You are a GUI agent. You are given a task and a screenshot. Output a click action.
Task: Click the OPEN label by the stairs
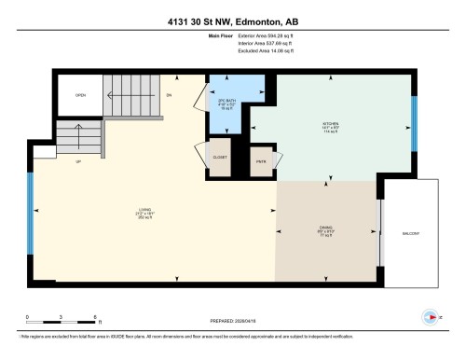point(81,95)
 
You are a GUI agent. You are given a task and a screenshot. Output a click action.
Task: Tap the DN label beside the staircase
point(169,95)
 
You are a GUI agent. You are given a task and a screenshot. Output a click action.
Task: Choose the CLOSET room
point(220,158)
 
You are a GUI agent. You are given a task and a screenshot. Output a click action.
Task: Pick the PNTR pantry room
point(261,160)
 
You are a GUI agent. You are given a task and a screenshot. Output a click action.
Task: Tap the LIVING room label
point(144,210)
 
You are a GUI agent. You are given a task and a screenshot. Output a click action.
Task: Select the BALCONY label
point(410,232)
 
